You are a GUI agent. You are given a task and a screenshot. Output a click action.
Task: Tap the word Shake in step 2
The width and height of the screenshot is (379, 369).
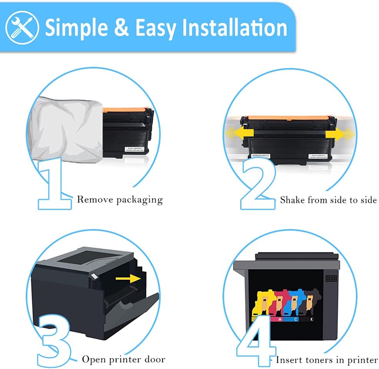[x=293, y=200]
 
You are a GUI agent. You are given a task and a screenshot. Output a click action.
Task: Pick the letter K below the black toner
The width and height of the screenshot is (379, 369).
[x=310, y=319]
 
